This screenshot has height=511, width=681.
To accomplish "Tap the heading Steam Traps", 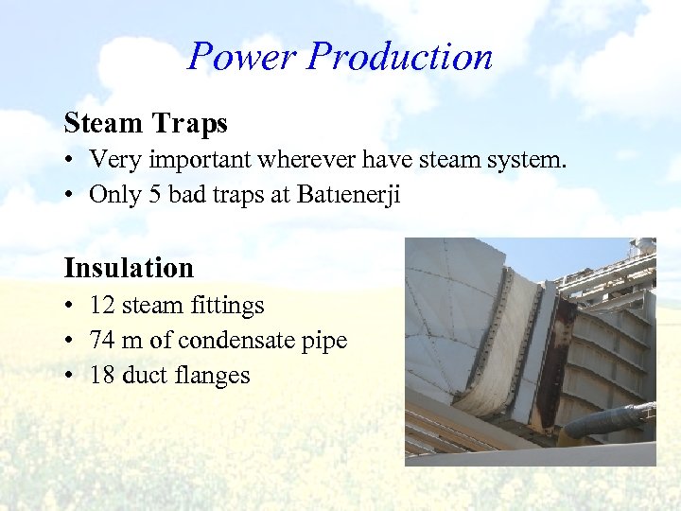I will tap(146, 123).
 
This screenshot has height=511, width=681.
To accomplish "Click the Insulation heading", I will tap(129, 268).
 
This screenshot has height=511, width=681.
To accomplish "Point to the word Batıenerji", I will tap(347, 195).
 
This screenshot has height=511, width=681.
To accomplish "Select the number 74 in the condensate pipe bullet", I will tap(101, 341).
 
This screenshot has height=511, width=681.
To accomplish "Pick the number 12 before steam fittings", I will tap(101, 306).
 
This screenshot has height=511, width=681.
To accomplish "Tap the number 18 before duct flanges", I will tap(101, 376).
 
